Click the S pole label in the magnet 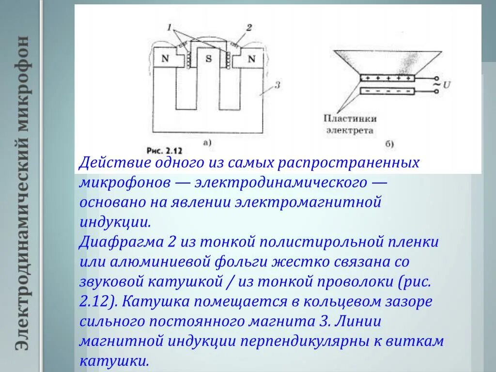209,59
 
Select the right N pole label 251,59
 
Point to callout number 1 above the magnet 170,29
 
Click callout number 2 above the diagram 248,28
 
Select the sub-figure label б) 388,143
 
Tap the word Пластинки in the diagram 351,118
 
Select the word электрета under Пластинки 350,130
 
